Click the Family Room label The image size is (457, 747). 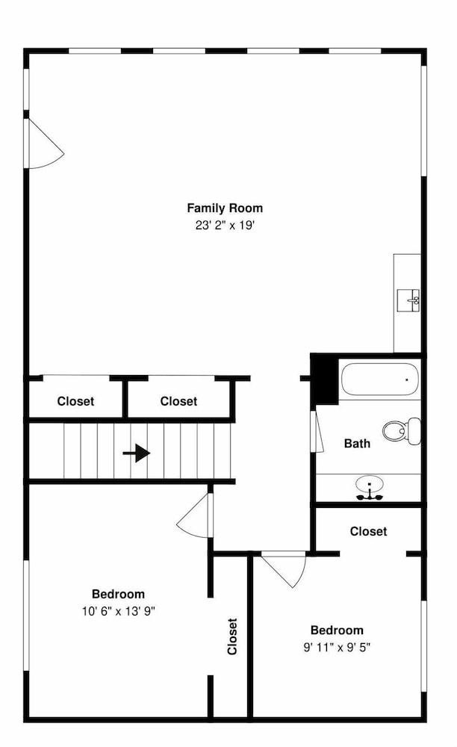click(x=225, y=208)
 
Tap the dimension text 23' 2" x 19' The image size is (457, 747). click(x=226, y=226)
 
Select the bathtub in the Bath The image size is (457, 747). click(x=379, y=379)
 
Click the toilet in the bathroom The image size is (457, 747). click(x=402, y=431)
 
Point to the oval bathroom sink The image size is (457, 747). click(x=370, y=485)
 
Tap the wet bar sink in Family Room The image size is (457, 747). click(x=408, y=300)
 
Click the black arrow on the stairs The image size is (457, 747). click(x=137, y=453)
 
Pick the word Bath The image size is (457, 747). click(x=357, y=444)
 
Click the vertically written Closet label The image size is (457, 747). click(x=231, y=636)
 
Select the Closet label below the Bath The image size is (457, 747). click(x=368, y=531)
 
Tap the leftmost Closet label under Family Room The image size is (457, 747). click(x=75, y=401)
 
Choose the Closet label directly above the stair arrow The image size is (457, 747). click(x=178, y=401)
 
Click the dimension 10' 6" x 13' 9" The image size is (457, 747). click(x=119, y=611)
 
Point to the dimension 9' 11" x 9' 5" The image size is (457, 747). click(x=337, y=648)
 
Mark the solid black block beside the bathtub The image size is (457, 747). click(x=325, y=379)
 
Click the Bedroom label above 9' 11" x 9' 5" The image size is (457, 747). click(x=337, y=630)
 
